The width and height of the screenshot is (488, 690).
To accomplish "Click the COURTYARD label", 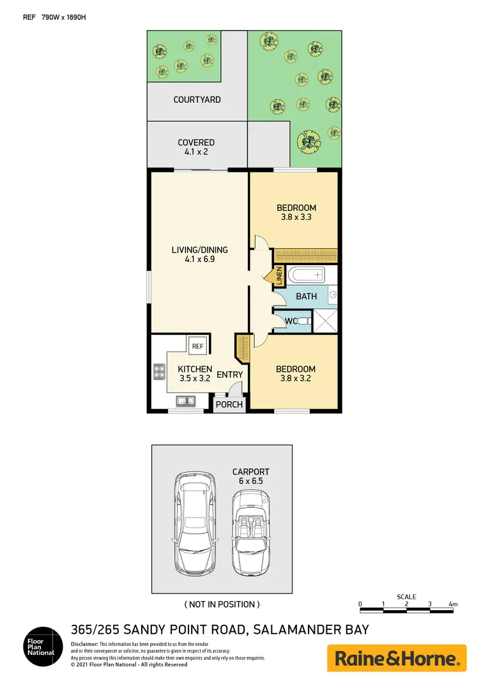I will pos(197,100).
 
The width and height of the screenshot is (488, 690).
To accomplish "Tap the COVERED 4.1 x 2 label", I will pos(196,147).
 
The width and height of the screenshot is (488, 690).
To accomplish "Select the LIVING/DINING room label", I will pos(199,254).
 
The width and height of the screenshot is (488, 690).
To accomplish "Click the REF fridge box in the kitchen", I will pos(198,346).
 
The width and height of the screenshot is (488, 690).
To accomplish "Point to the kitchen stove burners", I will pos(159,372).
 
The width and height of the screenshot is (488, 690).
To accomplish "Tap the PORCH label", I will pos(229,404).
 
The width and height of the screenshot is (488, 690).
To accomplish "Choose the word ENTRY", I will pos(229,374).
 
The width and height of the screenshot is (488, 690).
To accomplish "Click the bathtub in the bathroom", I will pos(305,276).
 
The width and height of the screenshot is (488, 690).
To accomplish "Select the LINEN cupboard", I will pos(279,276).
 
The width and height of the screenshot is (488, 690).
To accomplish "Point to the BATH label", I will pos(306,296).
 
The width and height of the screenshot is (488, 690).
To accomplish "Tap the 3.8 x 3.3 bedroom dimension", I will pos(296,217).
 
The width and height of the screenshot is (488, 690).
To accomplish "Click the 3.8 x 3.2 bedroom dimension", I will pos(295,378).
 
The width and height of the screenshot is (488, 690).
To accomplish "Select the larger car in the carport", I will pos(194,522).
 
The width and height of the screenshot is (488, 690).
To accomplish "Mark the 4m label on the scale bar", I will pos(452,604).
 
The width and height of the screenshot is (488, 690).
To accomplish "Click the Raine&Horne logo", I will pos(397,658).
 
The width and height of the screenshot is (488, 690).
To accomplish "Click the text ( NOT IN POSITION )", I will pos(222,604).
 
